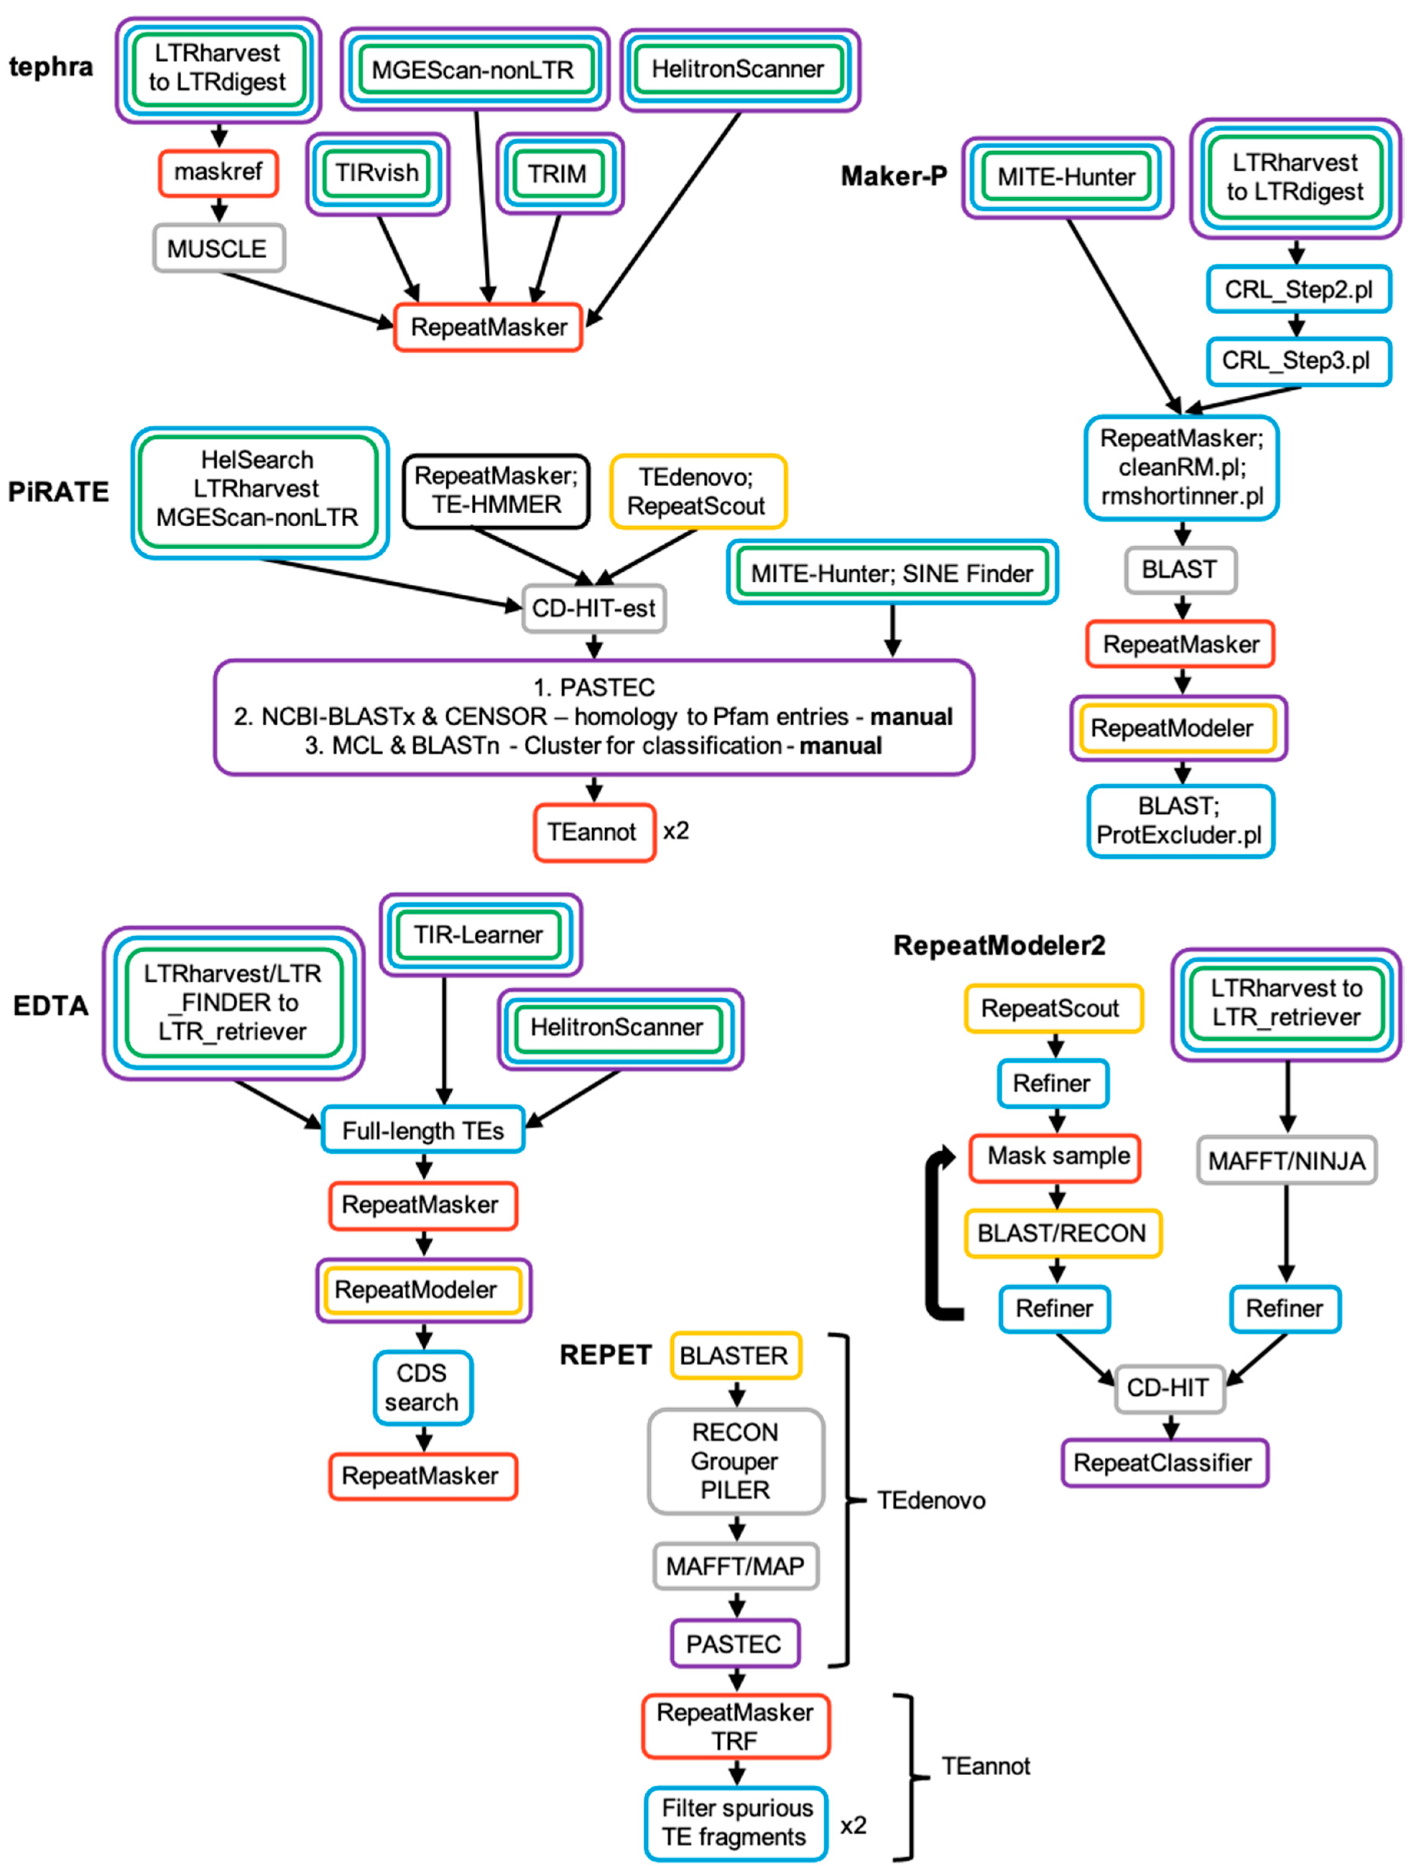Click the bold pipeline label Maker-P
(x=893, y=176)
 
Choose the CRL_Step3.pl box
(x=1297, y=361)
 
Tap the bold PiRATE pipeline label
(x=58, y=491)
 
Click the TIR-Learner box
(x=479, y=934)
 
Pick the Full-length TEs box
(x=423, y=1130)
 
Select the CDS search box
(x=422, y=1387)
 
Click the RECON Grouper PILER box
(x=734, y=1461)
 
